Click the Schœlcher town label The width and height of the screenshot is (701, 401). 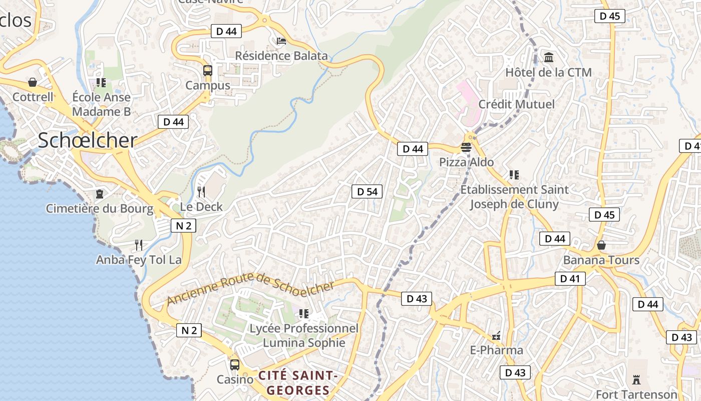88,141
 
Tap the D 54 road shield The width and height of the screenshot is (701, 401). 367,191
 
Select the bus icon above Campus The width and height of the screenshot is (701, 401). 208,71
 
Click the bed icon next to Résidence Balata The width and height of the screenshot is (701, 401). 281,41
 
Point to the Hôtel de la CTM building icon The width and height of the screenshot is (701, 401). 548,57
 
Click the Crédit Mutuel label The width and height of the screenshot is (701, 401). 517,104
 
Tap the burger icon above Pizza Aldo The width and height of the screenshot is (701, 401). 466,147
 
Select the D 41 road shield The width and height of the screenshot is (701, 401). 570,279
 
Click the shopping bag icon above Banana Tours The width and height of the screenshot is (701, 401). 601,245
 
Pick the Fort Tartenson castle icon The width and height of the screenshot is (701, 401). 636,379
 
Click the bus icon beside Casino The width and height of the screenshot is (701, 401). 234,364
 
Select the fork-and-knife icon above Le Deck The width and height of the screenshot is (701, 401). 201,191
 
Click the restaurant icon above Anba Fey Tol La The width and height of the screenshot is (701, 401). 139,245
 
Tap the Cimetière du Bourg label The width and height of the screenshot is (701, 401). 100,209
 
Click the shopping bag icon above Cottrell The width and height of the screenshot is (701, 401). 33,82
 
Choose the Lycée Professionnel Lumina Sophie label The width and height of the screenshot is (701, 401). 304,335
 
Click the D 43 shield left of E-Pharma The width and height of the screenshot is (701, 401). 416,299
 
